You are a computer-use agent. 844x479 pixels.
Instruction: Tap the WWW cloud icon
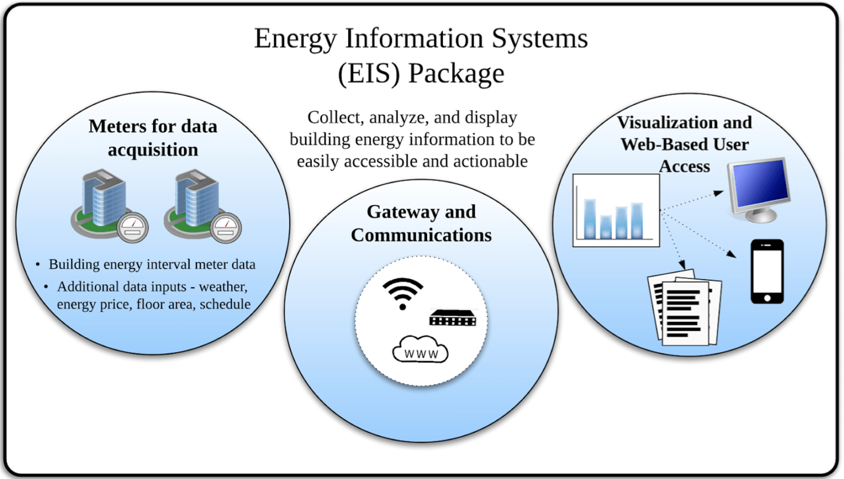click(420, 350)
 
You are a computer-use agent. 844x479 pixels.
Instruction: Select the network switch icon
click(453, 318)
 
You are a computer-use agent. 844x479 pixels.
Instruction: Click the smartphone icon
click(767, 271)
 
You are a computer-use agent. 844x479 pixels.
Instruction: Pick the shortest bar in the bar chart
click(606, 227)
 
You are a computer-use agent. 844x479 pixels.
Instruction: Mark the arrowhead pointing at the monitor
click(719, 193)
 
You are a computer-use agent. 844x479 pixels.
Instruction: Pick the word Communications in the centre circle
click(421, 235)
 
